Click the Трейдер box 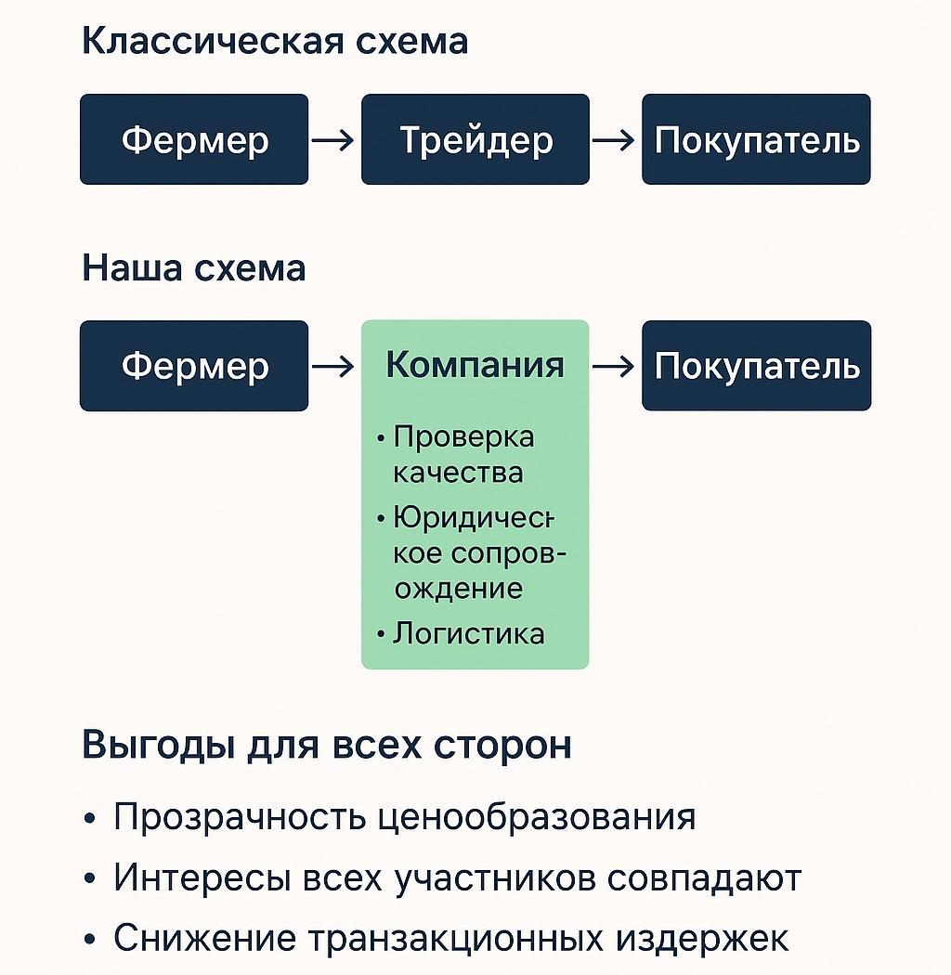[475, 139]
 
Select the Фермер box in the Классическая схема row [193, 139]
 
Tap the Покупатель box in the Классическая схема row [756, 139]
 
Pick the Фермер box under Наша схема [193, 366]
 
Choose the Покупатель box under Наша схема [756, 366]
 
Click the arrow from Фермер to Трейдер [332, 140]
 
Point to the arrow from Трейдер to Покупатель [614, 140]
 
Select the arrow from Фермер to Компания [332, 367]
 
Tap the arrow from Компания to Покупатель [614, 367]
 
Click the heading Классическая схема [275, 42]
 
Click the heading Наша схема [193, 268]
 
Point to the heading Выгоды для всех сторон [327, 746]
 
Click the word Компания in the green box [475, 365]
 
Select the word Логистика [468, 634]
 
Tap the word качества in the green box [458, 473]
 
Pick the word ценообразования [539, 817]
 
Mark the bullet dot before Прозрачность [89, 819]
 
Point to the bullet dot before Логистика [381, 635]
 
